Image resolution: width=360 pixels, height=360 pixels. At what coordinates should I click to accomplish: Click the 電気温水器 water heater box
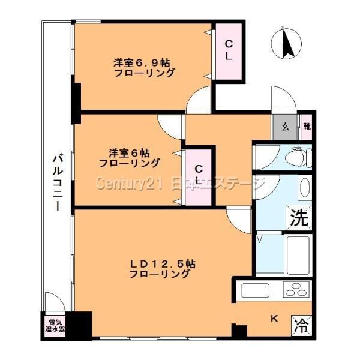[51, 326]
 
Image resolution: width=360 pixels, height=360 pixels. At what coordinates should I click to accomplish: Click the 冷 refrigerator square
[302, 326]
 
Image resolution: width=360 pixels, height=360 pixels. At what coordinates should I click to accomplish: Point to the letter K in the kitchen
[273, 319]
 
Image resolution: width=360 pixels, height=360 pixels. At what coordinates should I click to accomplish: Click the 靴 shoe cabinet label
[306, 126]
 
